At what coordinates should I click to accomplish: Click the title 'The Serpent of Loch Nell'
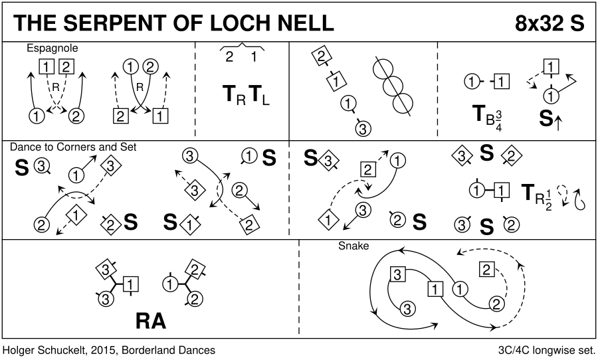[173, 23]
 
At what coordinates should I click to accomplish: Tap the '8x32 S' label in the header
[549, 23]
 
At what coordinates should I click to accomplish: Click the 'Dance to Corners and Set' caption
[72, 147]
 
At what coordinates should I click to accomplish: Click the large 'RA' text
[151, 321]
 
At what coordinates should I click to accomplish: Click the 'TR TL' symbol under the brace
[247, 97]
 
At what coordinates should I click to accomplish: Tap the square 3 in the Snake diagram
[397, 274]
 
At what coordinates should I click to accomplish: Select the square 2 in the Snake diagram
[486, 270]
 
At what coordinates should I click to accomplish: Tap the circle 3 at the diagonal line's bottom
[362, 128]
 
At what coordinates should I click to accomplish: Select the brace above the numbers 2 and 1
[242, 45]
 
